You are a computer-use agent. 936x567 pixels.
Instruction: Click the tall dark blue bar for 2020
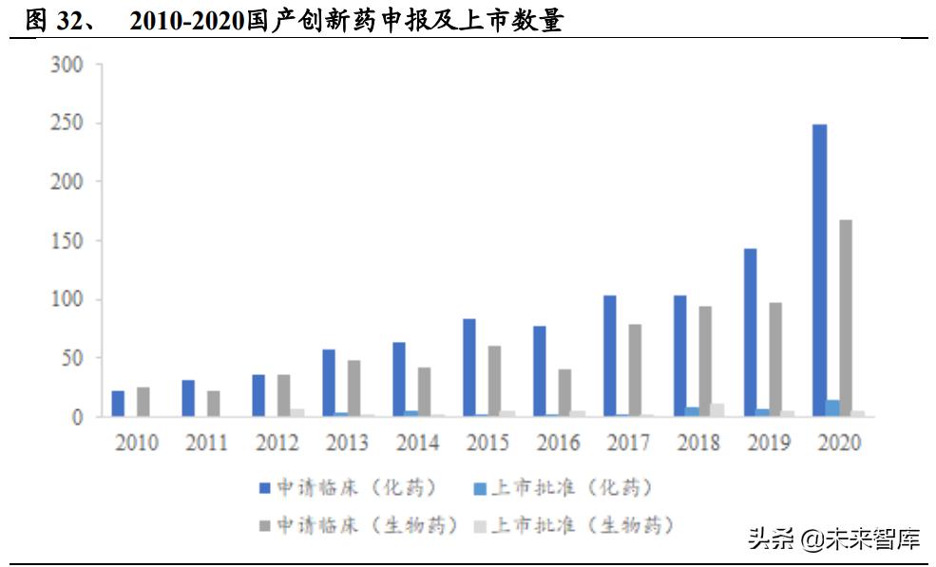819,271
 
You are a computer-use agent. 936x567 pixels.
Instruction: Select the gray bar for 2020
845,318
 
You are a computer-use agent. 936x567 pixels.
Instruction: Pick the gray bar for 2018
705,361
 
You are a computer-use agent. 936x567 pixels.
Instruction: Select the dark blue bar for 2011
188,398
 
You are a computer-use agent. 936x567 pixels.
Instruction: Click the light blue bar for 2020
832,408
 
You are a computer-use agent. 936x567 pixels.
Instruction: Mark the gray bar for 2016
564,392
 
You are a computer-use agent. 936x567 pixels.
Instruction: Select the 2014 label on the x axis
417,443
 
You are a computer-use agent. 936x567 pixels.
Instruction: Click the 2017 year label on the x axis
628,443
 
